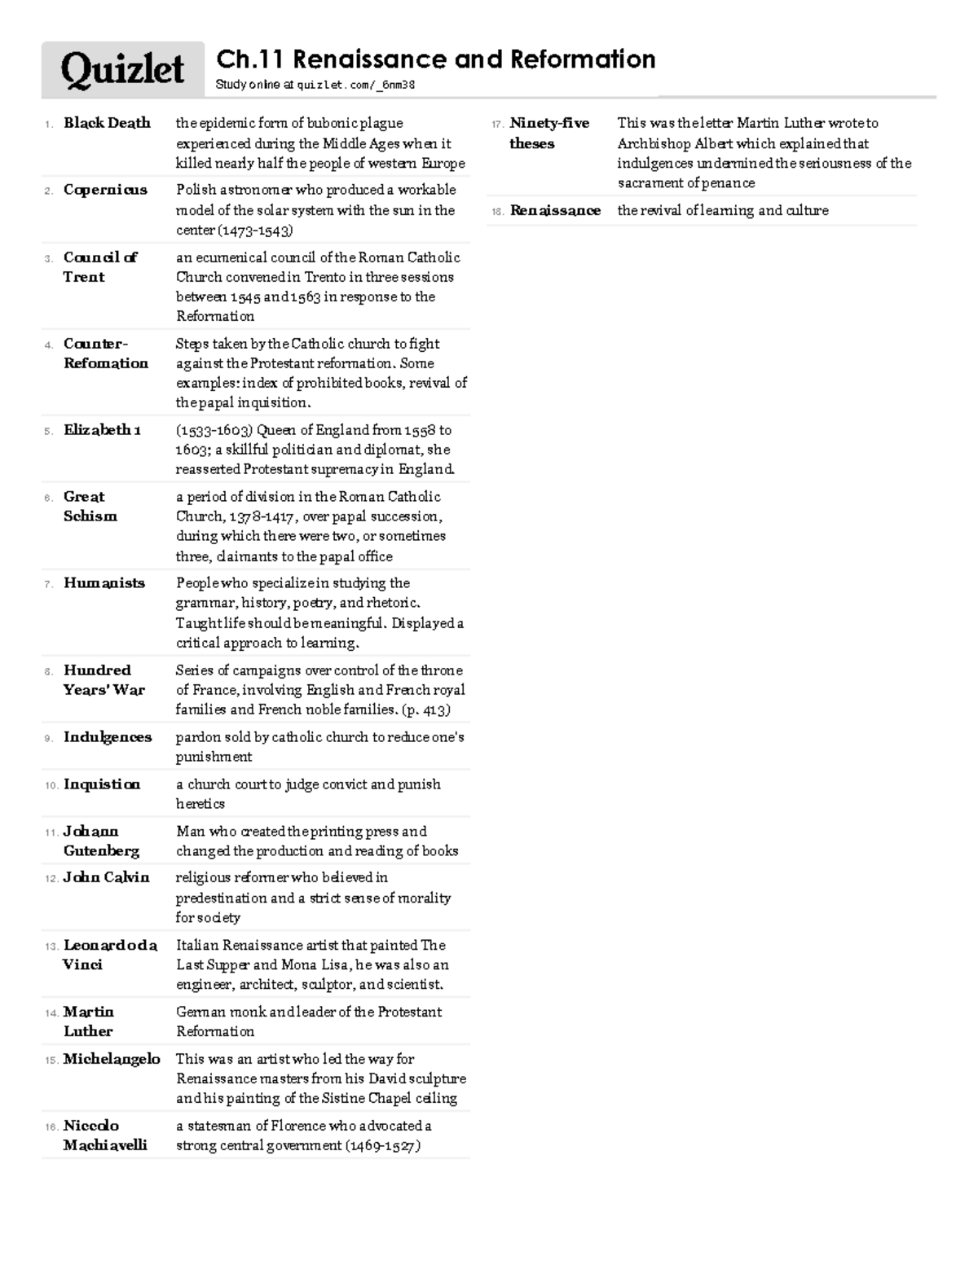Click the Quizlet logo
(x=123, y=70)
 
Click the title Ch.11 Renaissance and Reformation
(x=435, y=59)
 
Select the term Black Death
(x=107, y=123)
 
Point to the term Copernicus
(x=105, y=190)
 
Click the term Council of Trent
(x=99, y=267)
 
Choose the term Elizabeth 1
(x=102, y=429)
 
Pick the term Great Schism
(x=90, y=507)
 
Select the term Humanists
(x=104, y=583)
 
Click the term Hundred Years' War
(x=104, y=680)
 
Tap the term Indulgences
(x=108, y=737)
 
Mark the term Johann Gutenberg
(x=101, y=841)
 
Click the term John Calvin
(x=107, y=877)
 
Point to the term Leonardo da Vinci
(x=109, y=955)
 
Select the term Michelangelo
(x=112, y=1059)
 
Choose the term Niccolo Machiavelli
(x=105, y=1135)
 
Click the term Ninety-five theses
(x=548, y=134)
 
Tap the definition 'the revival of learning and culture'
(x=723, y=211)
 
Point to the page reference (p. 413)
(x=425, y=709)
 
